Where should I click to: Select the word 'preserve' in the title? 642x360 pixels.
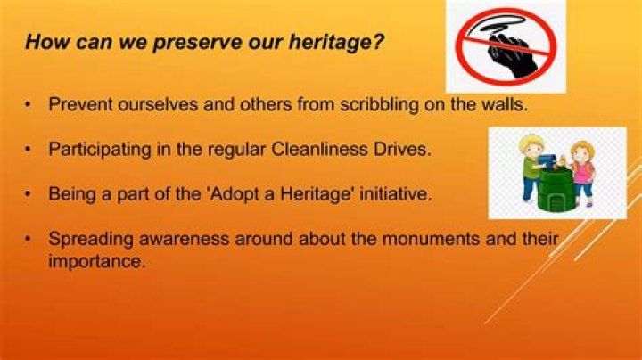174,43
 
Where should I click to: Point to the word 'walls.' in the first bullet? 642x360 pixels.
504,104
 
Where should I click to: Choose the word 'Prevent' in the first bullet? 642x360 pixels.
78,104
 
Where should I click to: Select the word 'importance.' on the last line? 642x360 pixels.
95,262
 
